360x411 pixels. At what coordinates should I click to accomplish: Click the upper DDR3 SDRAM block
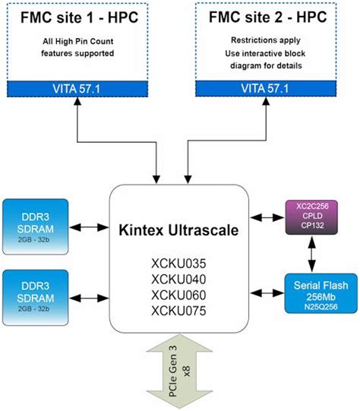pyautogui.click(x=36, y=224)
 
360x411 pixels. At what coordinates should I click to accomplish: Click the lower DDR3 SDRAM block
pyautogui.click(x=36, y=292)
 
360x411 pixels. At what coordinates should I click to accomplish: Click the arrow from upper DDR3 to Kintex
pyautogui.click(x=90, y=226)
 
